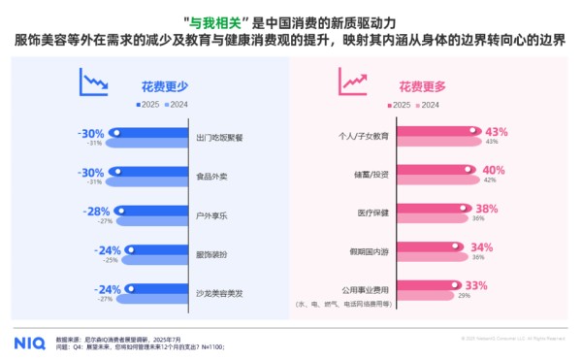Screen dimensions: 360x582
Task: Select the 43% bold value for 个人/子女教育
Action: pos(497,131)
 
